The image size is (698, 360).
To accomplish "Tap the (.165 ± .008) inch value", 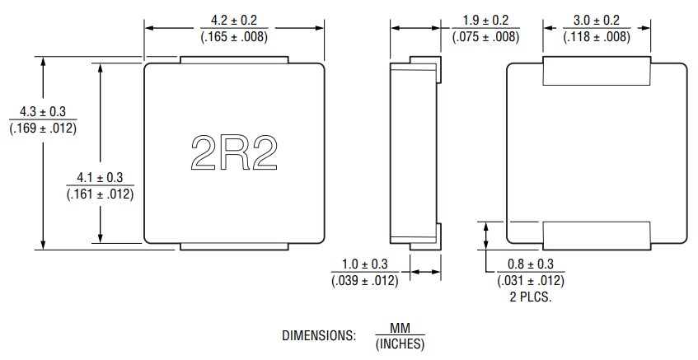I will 233,36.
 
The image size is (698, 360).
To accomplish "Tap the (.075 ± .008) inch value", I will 485,36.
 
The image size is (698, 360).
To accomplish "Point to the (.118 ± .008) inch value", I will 597,36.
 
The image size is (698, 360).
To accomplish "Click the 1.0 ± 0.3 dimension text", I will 364,264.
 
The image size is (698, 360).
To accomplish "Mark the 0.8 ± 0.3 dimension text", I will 531,264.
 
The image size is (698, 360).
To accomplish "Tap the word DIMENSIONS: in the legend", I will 319,336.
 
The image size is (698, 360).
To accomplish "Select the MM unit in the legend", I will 400,329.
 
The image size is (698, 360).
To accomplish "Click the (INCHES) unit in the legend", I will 400,344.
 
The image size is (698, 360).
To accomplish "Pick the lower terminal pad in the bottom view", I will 596,235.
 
